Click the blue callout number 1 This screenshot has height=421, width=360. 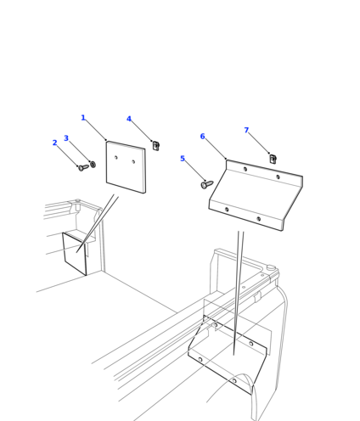83,118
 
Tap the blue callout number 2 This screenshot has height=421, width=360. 55,143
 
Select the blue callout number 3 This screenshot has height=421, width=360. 66,138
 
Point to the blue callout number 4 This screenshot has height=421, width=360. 129,119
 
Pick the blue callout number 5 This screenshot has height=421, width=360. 183,159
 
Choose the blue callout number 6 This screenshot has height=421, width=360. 202,137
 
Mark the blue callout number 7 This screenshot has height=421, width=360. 246,130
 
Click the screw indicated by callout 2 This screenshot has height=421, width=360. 83,168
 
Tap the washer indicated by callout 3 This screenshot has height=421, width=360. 93,165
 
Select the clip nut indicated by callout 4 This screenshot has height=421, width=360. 155,145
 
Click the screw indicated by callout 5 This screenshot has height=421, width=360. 207,185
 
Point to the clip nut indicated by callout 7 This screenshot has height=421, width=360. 273,159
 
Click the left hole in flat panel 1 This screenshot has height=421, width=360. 116,157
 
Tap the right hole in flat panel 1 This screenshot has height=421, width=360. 133,161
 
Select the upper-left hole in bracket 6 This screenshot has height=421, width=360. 245,169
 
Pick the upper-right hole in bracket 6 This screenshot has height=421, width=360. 278,177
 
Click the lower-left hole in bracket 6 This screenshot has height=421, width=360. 227,210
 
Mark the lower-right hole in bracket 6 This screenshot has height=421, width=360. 258,219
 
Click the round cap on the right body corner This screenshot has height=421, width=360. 271,267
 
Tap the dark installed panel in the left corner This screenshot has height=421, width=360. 75,254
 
